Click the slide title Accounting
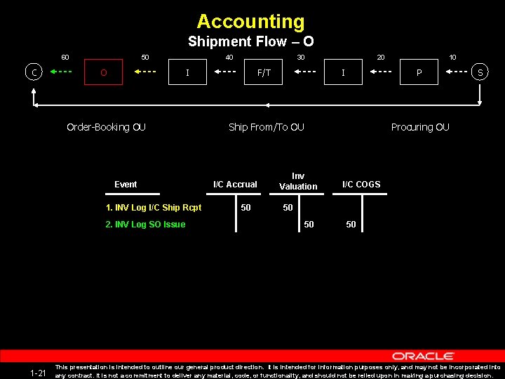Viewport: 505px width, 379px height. coord(251,22)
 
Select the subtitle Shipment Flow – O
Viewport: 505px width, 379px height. coord(251,42)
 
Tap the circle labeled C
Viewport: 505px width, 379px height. coord(32,72)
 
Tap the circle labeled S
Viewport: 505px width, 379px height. coord(480,72)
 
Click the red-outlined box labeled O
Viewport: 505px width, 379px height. coord(104,72)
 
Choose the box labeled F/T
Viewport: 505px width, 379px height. coord(264,72)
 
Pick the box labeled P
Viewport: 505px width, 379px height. coord(419,72)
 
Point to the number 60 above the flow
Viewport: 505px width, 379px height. coord(65,58)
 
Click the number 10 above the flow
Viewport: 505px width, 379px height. coord(453,58)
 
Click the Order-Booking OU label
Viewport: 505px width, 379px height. coord(106,127)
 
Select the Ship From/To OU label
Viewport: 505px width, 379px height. coord(267,127)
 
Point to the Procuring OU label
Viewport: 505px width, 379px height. coord(420,127)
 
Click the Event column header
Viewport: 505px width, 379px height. coord(126,185)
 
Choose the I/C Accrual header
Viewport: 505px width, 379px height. coord(235,185)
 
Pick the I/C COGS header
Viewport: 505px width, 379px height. coord(361,185)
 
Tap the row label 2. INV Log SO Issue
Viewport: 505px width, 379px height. coord(145,225)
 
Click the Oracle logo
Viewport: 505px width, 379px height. coord(423,357)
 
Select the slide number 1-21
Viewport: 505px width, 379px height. coord(39,373)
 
